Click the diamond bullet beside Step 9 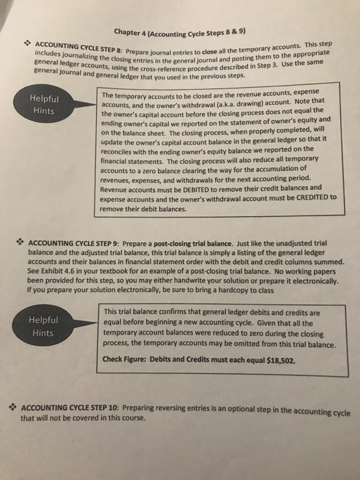tap(21, 242)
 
